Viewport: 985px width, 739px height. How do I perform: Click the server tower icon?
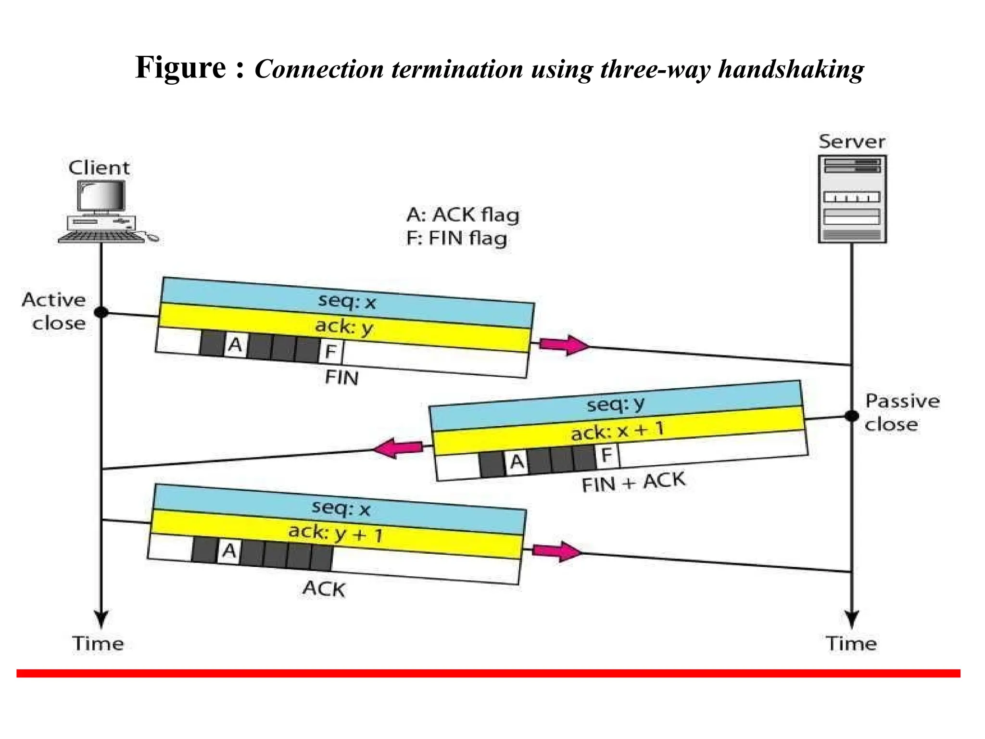click(852, 199)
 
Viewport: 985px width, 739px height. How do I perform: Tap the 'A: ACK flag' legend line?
click(463, 215)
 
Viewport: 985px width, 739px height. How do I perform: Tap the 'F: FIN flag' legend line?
click(456, 239)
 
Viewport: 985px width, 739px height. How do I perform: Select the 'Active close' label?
click(54, 311)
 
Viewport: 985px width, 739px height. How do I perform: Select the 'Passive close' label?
click(901, 413)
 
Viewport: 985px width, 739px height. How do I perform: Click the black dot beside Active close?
click(101, 312)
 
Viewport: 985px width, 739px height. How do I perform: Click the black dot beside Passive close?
click(851, 416)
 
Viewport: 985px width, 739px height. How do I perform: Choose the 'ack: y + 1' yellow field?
click(336, 534)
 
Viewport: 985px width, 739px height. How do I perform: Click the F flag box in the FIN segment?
click(330, 351)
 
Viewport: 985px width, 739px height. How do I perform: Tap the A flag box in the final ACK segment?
click(229, 550)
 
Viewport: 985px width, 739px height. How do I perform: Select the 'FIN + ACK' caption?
click(633, 482)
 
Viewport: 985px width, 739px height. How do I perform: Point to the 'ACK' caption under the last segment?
click(324, 589)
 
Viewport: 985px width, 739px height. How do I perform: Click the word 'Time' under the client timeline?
click(98, 644)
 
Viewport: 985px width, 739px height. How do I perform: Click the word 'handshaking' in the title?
click(791, 69)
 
